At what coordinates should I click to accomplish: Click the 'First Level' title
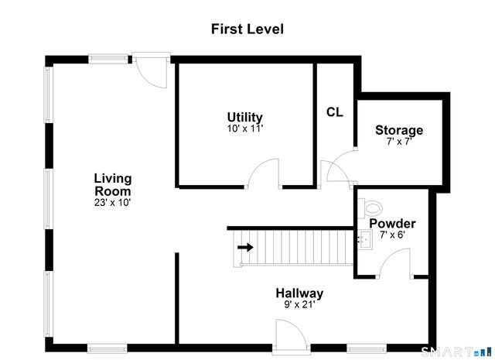(247, 29)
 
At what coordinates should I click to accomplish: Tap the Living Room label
(112, 184)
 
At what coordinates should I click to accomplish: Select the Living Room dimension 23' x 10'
(112, 203)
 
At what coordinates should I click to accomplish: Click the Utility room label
(244, 118)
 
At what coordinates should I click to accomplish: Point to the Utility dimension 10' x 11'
(244, 129)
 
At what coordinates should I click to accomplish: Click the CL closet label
(334, 112)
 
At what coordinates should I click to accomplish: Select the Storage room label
(399, 130)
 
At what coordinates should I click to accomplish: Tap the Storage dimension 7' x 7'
(399, 142)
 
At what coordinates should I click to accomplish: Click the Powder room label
(392, 224)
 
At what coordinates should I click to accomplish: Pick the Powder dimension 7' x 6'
(392, 235)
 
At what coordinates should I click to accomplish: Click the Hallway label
(299, 293)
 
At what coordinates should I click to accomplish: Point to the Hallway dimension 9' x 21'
(299, 305)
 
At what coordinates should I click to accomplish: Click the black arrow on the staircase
(245, 248)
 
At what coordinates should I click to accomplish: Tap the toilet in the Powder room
(371, 207)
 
